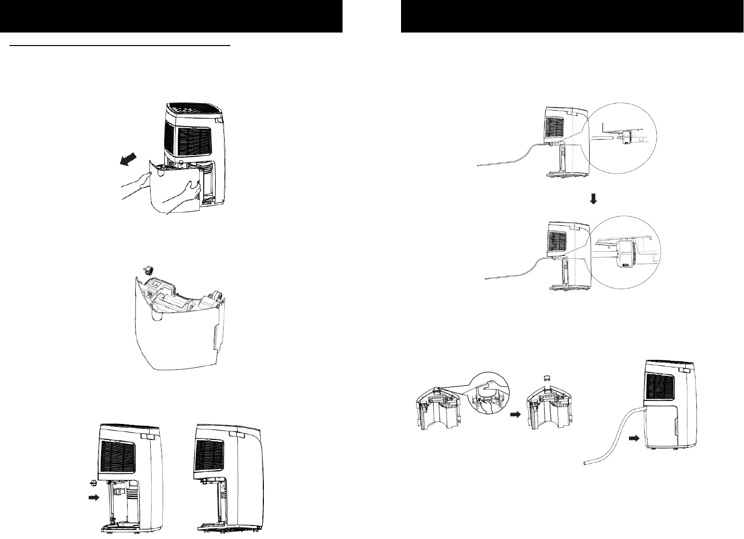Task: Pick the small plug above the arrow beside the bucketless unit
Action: [x=93, y=482]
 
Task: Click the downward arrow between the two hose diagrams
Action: [x=593, y=199]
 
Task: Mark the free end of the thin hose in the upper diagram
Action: [x=478, y=164]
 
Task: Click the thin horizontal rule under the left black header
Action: [x=120, y=45]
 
